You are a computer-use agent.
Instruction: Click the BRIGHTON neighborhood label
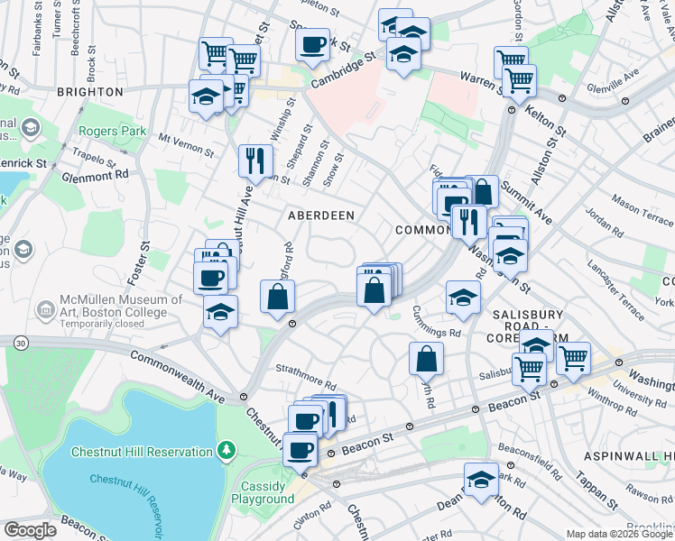coord(89,92)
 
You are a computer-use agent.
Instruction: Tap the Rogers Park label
coord(112,131)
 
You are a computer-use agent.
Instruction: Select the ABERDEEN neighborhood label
coord(320,215)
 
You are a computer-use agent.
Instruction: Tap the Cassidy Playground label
coord(263,491)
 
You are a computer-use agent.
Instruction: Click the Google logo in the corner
coord(30,530)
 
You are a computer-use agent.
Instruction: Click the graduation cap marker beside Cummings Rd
coord(463,297)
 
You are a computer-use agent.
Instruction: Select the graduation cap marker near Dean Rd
coord(481,480)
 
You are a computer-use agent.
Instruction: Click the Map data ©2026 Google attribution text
coord(618,534)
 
